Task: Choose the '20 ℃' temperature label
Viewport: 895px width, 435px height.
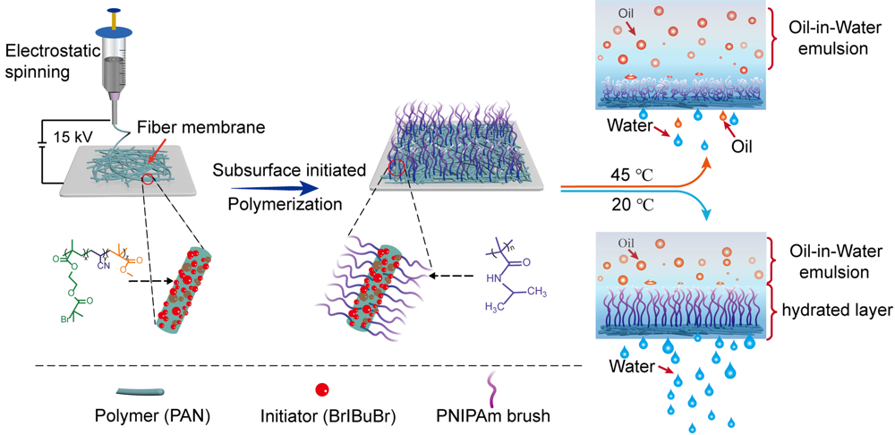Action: tap(619, 204)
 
